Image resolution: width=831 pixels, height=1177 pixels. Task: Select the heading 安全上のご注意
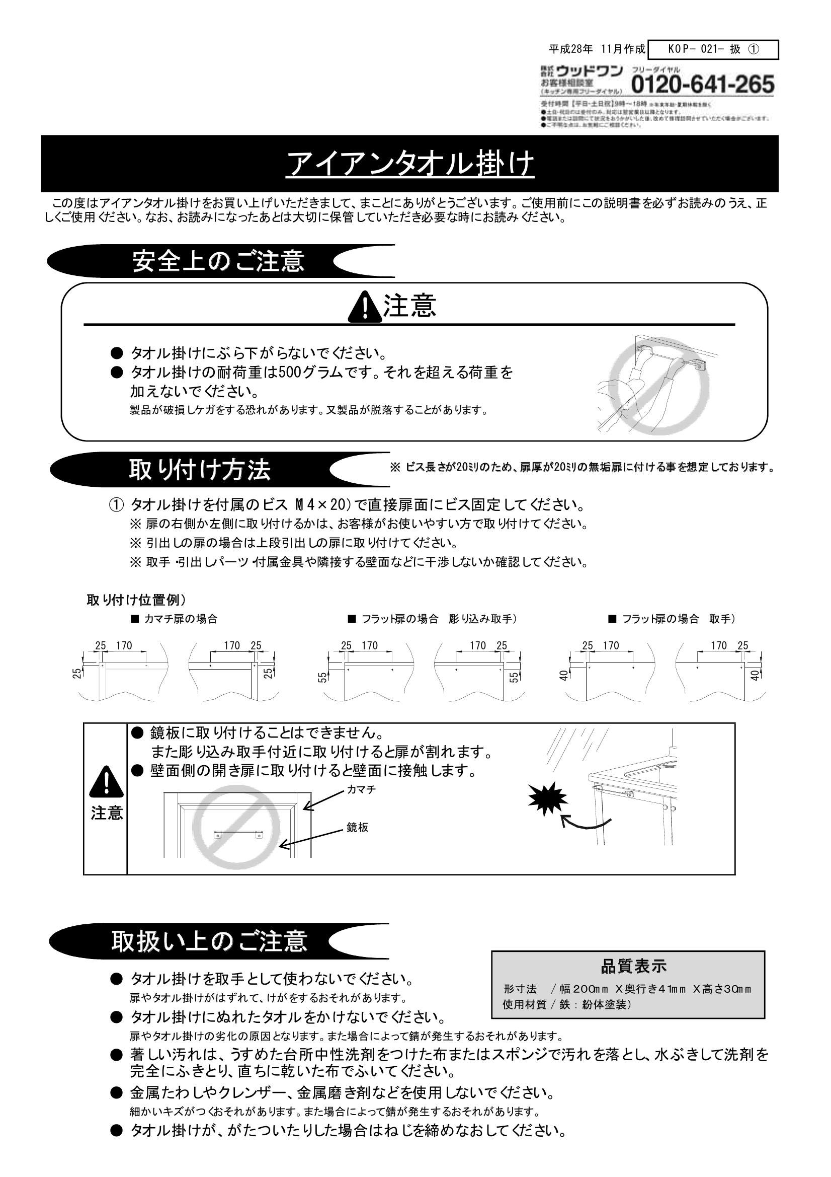218,261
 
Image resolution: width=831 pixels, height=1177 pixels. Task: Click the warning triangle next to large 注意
364,307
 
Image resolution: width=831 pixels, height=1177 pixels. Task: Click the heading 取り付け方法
199,470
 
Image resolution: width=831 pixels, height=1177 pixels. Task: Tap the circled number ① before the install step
116,505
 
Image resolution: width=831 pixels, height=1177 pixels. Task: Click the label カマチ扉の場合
181,619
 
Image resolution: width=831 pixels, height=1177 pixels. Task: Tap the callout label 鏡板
357,828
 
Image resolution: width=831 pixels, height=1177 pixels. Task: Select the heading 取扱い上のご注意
210,941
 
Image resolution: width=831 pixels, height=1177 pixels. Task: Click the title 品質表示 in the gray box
634,966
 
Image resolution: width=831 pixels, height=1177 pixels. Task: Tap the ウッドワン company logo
589,70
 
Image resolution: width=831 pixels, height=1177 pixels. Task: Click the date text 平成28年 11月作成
597,49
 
